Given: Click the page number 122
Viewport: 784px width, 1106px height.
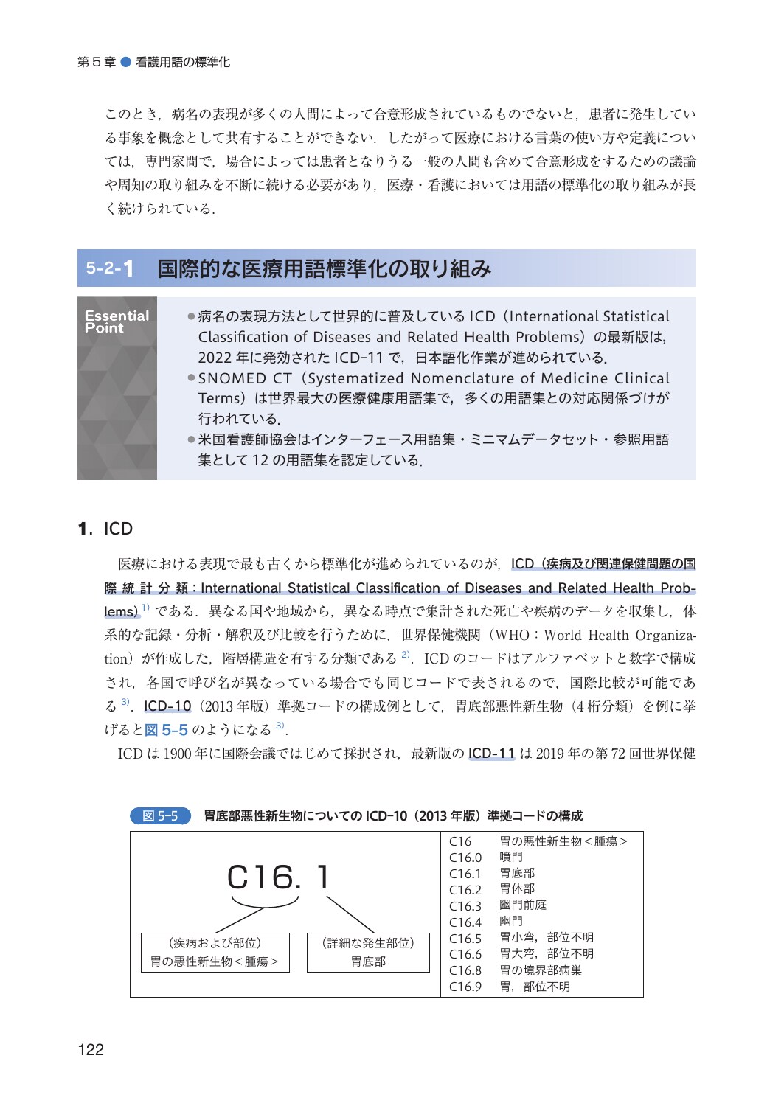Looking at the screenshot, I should tap(91, 1049).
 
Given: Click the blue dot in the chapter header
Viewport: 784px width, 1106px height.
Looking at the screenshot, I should tap(125, 62).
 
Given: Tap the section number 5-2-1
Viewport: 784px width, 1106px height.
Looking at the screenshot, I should tap(110, 268).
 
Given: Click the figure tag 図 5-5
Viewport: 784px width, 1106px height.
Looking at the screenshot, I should tap(160, 815).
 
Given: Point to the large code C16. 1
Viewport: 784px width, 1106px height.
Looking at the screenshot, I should tap(278, 877).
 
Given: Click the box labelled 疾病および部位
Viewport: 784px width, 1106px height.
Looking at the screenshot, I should tap(215, 952).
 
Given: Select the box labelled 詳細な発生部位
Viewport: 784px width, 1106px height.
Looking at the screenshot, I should tap(368, 952).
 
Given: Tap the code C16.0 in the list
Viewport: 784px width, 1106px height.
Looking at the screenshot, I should tap(465, 858).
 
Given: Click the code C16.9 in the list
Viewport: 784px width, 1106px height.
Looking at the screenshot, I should tap(465, 987).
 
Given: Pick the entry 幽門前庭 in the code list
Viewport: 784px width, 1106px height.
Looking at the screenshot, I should tap(522, 905).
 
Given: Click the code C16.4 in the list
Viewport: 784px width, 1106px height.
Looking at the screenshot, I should tap(465, 922).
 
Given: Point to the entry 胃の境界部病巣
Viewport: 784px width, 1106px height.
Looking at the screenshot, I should tap(540, 970).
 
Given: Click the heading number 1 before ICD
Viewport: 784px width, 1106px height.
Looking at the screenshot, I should tap(83, 529).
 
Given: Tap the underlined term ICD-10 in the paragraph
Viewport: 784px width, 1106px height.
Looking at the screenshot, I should tap(167, 706).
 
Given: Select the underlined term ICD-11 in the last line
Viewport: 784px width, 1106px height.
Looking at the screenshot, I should tap(491, 753).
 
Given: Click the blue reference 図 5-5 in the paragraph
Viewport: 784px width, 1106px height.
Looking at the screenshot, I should tap(167, 729).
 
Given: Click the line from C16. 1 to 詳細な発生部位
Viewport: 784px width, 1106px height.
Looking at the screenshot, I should tap(350, 914).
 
